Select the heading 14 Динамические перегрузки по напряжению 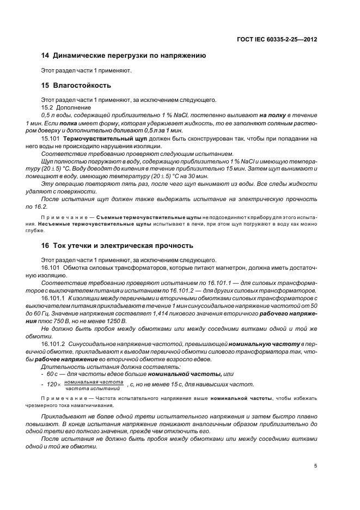[x=123, y=56]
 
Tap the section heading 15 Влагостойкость [x=76, y=86]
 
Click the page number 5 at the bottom [x=315, y=466]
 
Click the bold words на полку [x=273, y=116]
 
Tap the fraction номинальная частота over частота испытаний [x=93, y=386]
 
